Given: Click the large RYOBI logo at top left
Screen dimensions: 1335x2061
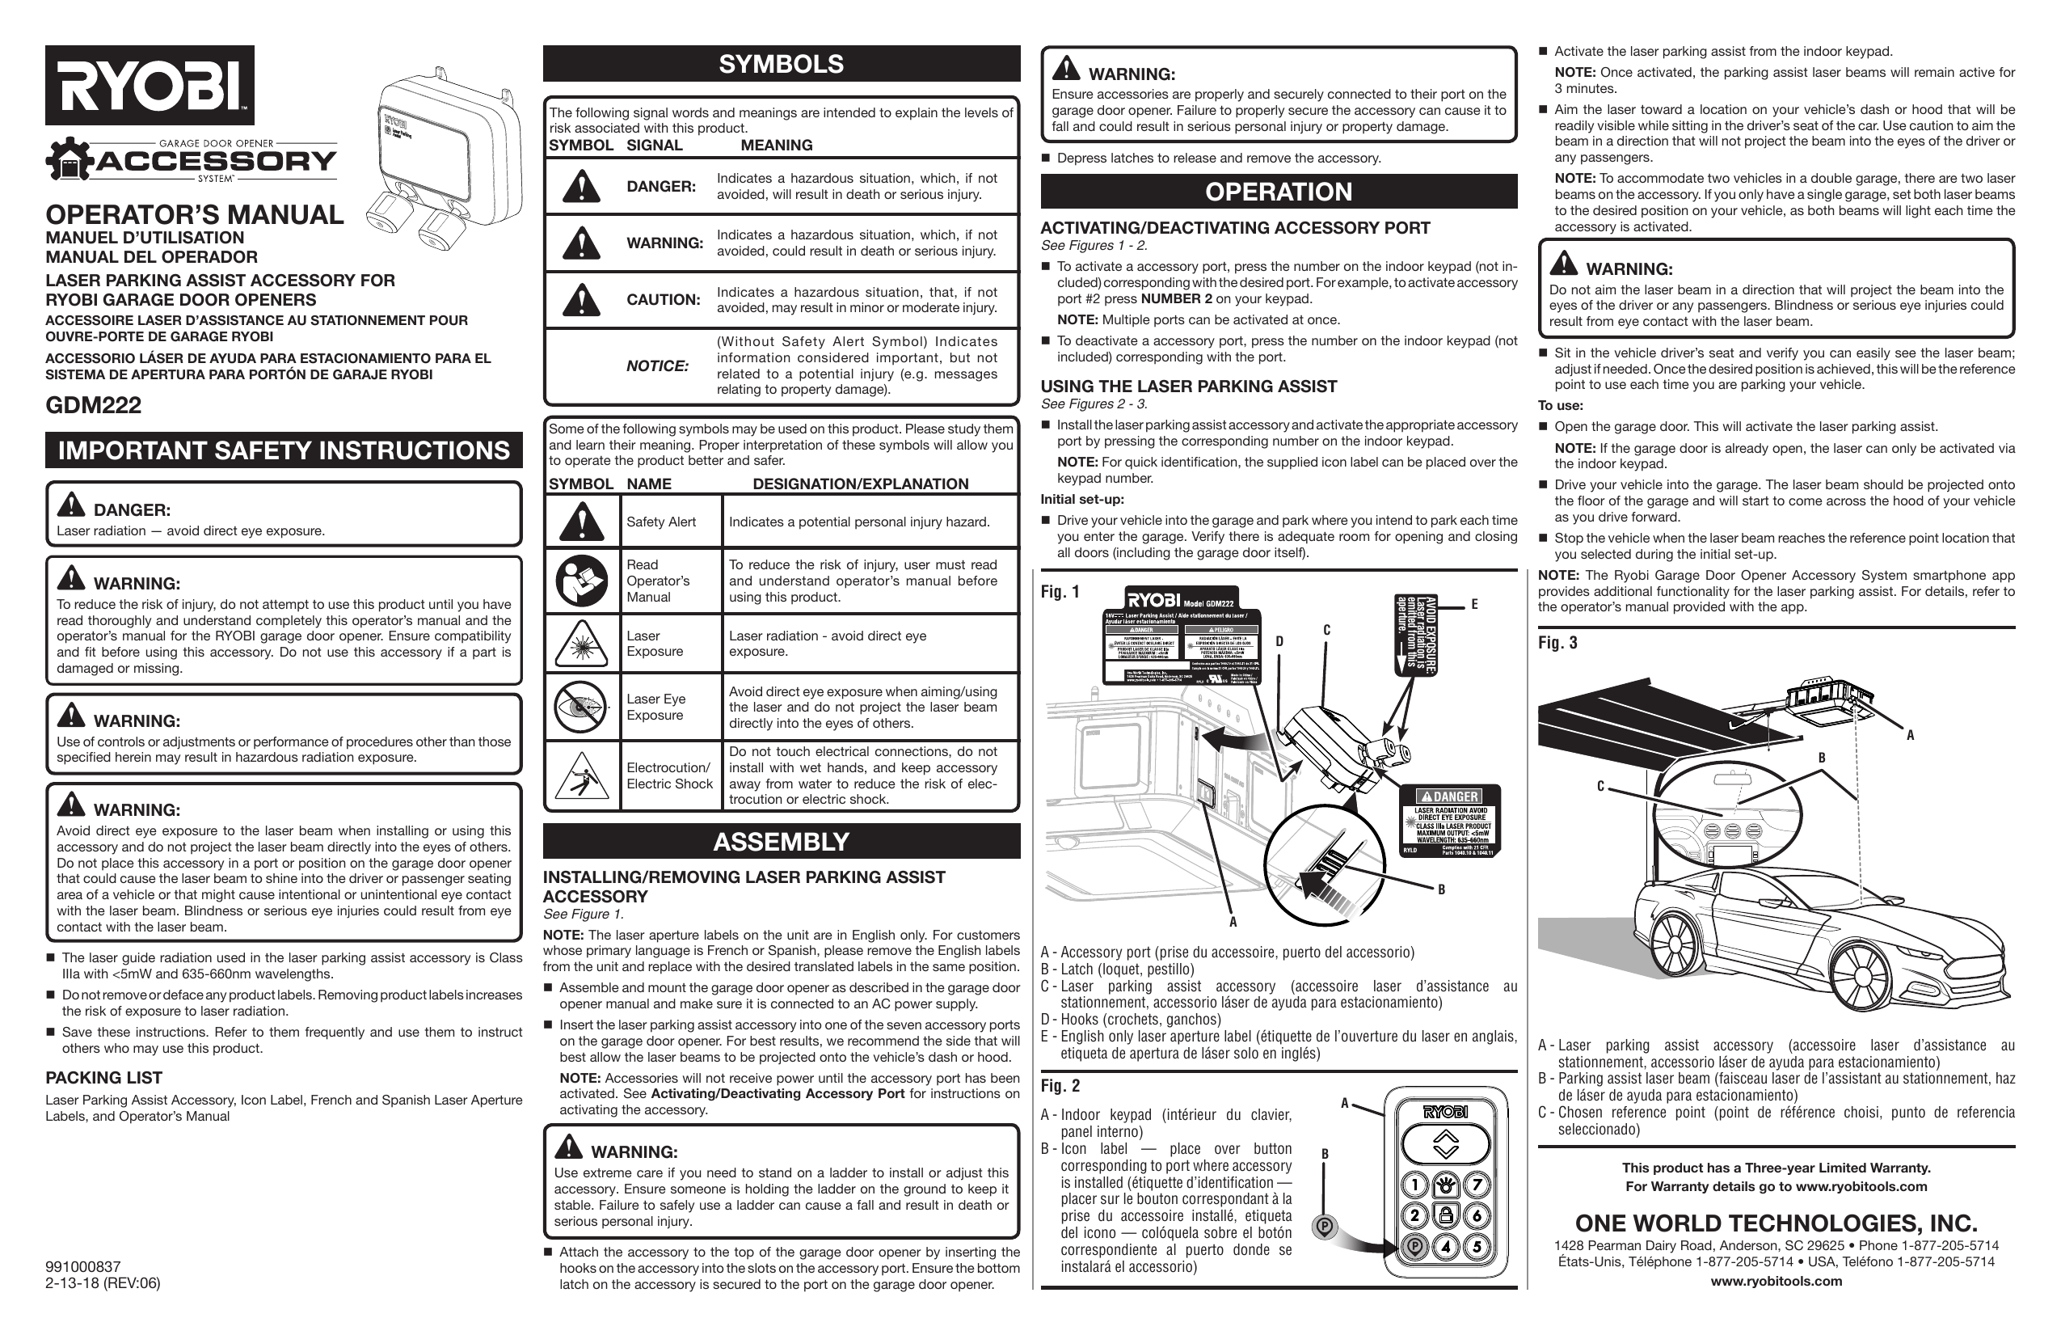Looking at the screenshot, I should point(150,85).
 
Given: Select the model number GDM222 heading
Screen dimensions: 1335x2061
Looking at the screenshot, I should point(94,405).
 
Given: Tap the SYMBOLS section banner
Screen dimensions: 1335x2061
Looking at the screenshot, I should point(781,64).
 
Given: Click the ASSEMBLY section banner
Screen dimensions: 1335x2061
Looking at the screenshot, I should point(781,841).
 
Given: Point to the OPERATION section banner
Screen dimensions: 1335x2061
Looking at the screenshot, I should point(1278,192).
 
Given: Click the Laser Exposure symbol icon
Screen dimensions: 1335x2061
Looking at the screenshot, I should point(581,644).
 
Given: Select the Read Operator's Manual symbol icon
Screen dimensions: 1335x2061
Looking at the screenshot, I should point(581,581).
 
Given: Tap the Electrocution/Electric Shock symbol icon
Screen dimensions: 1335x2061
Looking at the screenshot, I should point(581,775).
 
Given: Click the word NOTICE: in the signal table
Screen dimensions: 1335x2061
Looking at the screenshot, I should point(657,365).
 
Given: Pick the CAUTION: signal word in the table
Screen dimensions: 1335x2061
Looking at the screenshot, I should point(663,300).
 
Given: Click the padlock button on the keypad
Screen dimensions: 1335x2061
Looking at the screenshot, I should point(1445,1215).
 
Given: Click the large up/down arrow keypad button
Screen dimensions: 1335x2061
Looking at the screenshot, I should point(1445,1144).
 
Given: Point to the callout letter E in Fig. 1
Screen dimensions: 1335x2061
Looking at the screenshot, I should point(1474,605).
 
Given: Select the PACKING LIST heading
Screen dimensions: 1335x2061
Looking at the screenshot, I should point(104,1078).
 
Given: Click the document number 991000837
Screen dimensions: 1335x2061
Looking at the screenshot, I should point(83,1266).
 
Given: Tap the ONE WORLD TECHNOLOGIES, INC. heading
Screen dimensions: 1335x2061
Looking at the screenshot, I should point(1777,1223).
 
